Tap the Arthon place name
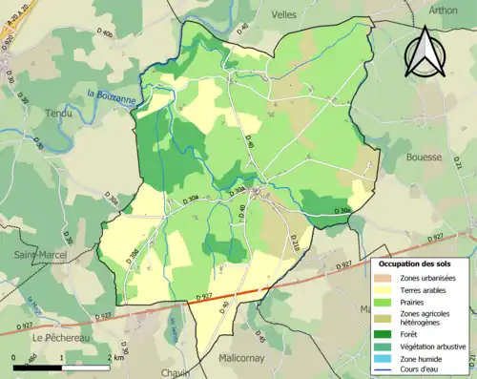[x=445, y=11]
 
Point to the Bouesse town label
[x=425, y=157]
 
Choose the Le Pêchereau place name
[x=61, y=337]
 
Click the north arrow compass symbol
[x=425, y=52]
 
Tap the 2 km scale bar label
[x=116, y=358]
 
